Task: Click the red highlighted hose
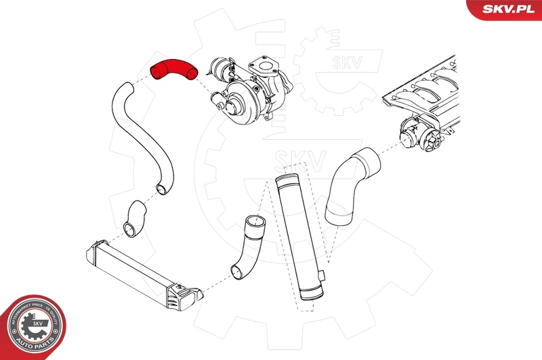point(173,68)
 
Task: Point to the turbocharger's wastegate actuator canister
point(221,66)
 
